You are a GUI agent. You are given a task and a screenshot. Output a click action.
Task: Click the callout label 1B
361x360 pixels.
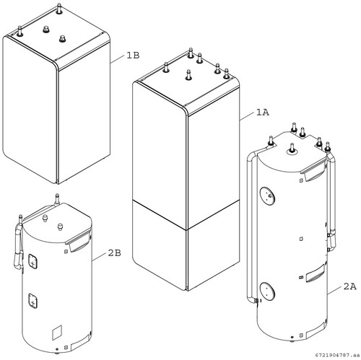coord(133,56)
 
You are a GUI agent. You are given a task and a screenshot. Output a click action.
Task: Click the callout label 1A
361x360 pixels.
coord(263,113)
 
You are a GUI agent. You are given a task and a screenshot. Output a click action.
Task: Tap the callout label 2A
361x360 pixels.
coord(350,286)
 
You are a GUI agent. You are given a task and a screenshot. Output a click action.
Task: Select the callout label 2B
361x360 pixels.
coord(114,253)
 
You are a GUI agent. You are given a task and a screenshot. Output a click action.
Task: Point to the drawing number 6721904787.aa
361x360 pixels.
coord(336,355)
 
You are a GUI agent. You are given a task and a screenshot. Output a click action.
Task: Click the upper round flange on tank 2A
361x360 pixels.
coord(267,195)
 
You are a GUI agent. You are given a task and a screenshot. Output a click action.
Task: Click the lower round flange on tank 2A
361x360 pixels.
coord(267,291)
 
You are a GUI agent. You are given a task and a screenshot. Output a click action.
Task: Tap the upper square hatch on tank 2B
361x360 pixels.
coord(32,261)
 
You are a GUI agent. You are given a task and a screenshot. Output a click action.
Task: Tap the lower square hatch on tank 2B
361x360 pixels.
coord(32,301)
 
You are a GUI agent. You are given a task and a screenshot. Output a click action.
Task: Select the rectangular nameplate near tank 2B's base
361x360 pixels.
coord(57,333)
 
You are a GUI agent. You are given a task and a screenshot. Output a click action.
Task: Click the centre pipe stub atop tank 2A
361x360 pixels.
coord(292,148)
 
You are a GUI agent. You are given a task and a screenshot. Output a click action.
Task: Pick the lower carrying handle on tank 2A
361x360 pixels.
coord(316,273)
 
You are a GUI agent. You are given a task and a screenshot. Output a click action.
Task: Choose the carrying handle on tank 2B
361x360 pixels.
coord(78,241)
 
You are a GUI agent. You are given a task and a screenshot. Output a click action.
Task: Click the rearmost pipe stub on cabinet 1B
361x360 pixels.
coord(59,9)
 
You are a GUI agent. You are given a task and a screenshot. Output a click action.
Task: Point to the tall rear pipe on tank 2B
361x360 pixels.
coord(57,199)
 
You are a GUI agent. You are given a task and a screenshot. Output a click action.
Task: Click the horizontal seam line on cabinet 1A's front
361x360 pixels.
coord(186,214)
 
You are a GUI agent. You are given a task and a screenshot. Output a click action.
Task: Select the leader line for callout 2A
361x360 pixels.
coord(334,290)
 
